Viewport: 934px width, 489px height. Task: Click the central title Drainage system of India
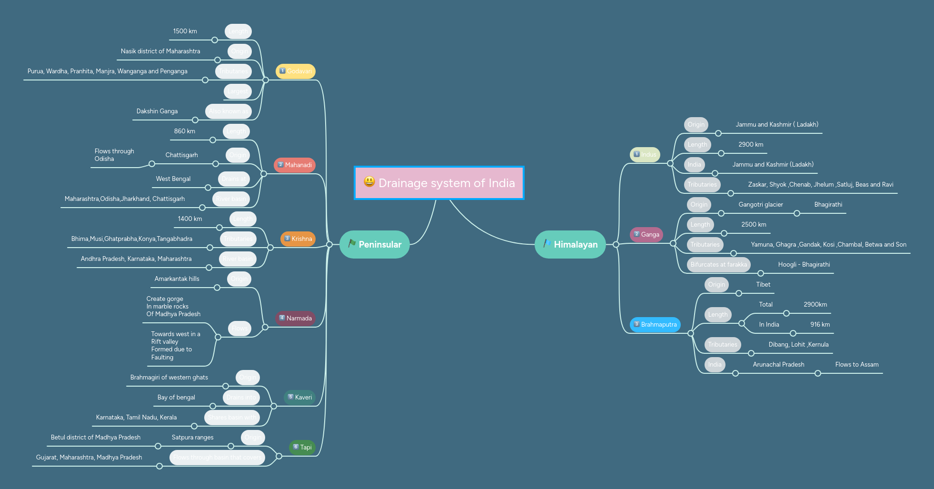coord(446,183)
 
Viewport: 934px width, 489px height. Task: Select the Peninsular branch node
coord(375,244)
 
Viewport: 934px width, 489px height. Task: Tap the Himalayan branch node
coord(570,244)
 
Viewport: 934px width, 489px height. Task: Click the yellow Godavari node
coord(296,71)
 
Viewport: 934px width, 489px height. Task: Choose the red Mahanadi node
coord(295,165)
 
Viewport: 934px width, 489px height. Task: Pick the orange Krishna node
coord(298,239)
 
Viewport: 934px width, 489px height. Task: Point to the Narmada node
coord(296,318)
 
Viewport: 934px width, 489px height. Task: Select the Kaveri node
coord(300,397)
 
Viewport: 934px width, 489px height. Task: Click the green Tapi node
coord(302,447)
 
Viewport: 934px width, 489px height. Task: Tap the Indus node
coord(645,154)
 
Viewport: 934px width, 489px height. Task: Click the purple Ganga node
coord(646,234)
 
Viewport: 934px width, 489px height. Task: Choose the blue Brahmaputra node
coord(656,324)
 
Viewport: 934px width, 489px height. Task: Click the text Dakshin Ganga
coord(157,111)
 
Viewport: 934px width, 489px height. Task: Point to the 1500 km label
coord(185,31)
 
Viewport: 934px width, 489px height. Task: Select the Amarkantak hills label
coord(177,279)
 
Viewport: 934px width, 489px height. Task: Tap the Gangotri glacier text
coord(761,204)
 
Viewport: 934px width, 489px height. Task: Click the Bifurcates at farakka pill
coord(719,264)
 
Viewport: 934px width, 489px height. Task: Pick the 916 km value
coord(820,324)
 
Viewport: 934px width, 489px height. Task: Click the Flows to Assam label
coord(857,364)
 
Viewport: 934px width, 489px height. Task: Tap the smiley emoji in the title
coord(369,181)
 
